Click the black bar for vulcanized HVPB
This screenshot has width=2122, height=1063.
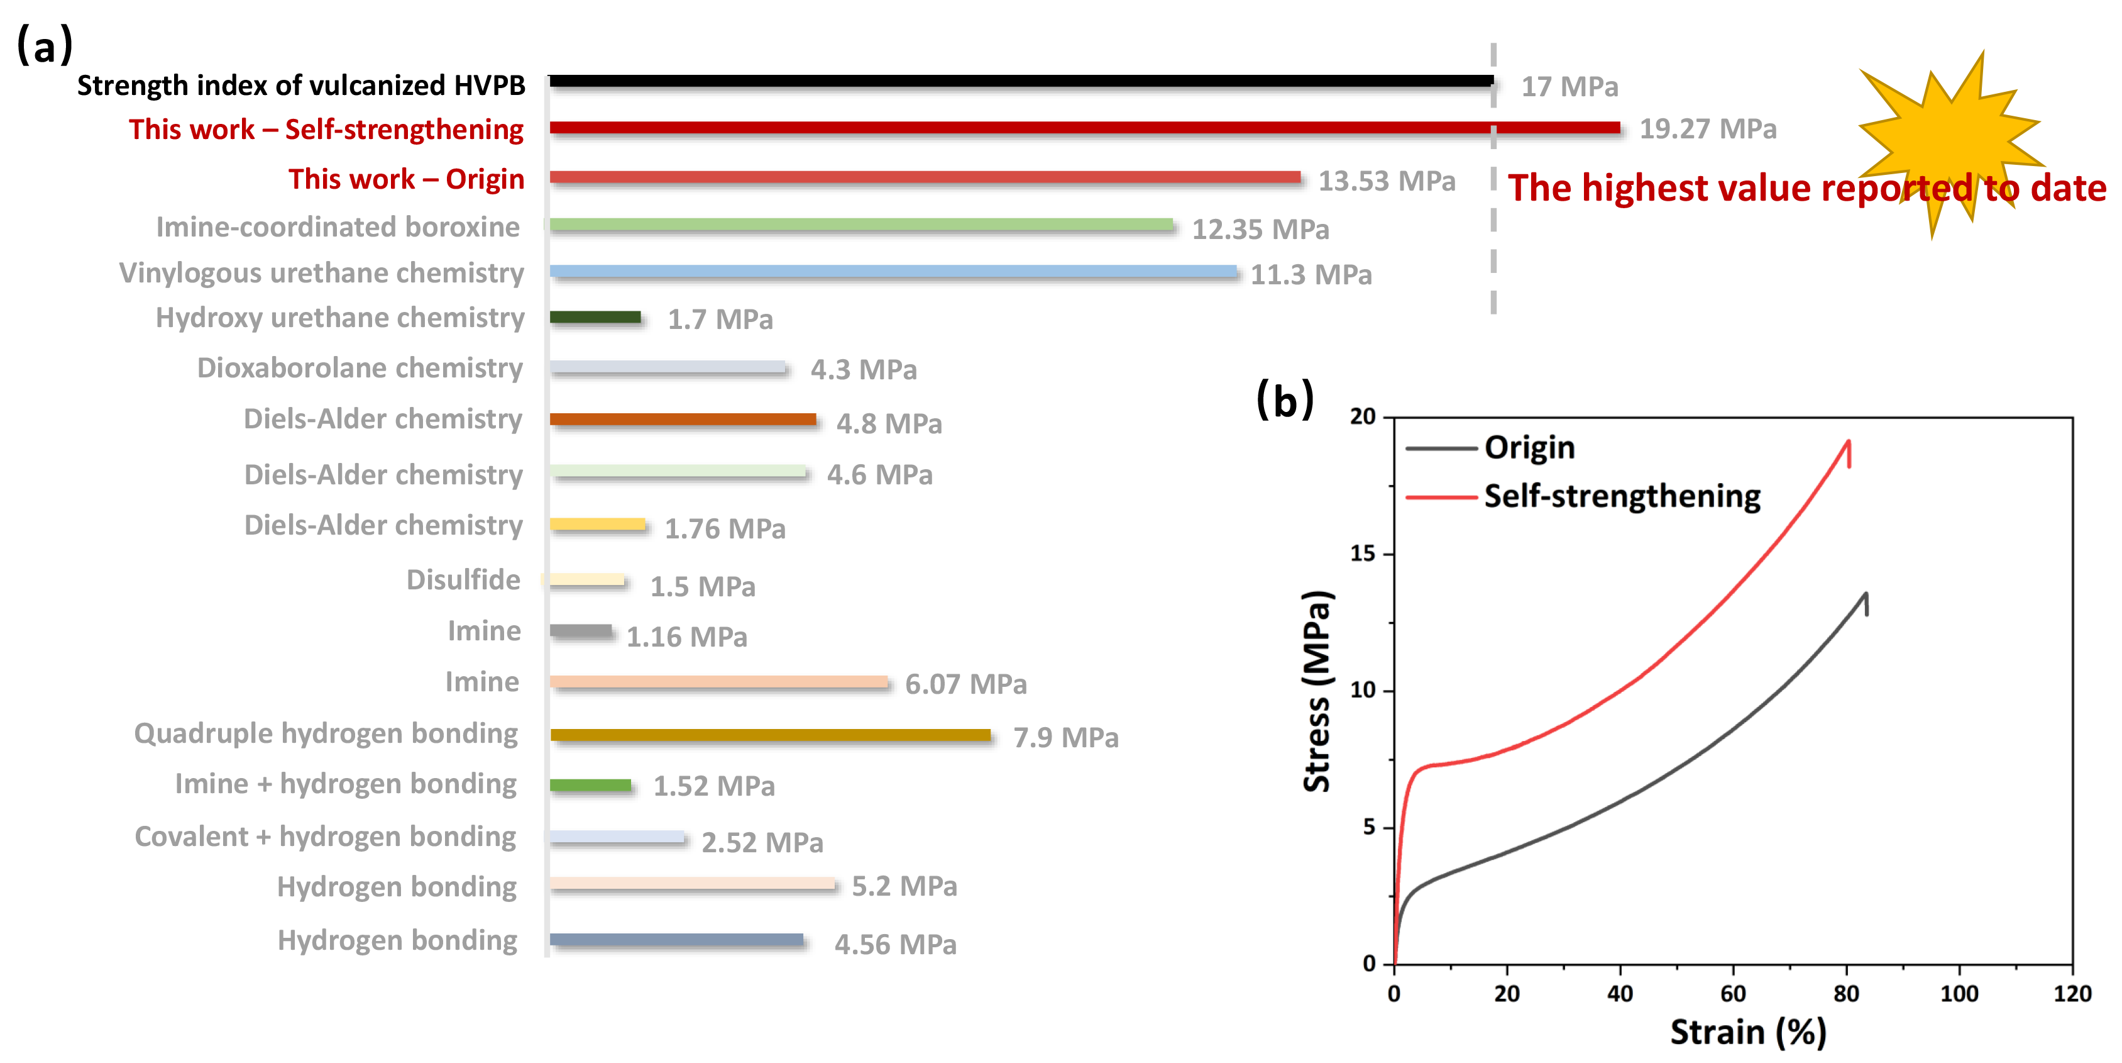(x=1021, y=81)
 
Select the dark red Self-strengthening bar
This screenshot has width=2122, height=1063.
(x=1084, y=128)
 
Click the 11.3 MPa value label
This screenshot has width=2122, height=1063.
(x=1311, y=274)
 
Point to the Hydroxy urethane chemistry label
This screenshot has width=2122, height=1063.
(x=339, y=318)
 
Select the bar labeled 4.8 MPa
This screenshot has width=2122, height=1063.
(x=683, y=420)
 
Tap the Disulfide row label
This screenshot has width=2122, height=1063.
(x=463, y=580)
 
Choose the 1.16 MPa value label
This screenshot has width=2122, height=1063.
(x=686, y=637)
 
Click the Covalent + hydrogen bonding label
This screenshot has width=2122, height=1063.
(x=326, y=837)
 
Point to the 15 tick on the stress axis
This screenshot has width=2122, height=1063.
(x=1363, y=554)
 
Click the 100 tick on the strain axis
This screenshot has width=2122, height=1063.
(x=1959, y=994)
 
